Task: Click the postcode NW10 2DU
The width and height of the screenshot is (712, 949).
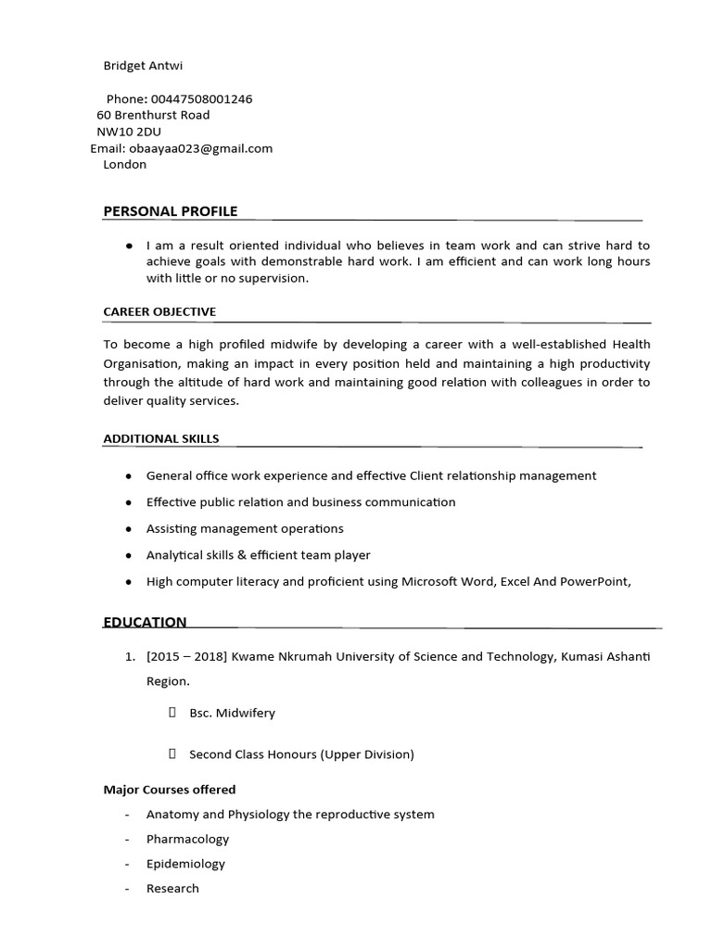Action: tap(129, 132)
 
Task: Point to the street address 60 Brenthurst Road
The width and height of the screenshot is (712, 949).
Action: tap(153, 115)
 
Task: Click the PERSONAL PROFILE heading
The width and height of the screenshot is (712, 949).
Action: tap(171, 211)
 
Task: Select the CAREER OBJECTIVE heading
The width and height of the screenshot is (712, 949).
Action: tap(159, 311)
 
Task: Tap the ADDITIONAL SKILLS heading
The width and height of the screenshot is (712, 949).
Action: tap(161, 438)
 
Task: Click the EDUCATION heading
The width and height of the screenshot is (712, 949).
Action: tap(145, 622)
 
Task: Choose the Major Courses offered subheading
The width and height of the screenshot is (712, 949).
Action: tap(170, 790)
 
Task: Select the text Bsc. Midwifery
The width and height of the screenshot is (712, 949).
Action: tap(232, 713)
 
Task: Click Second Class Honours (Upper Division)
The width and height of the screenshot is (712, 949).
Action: tap(301, 754)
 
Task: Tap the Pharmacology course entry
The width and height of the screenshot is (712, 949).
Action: tap(187, 839)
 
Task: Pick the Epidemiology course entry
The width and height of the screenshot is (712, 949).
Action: tap(185, 864)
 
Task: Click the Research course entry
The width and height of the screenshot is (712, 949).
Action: tap(172, 888)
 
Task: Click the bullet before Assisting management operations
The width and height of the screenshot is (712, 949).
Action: tap(127, 529)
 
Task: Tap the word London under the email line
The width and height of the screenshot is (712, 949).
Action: tap(124, 164)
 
